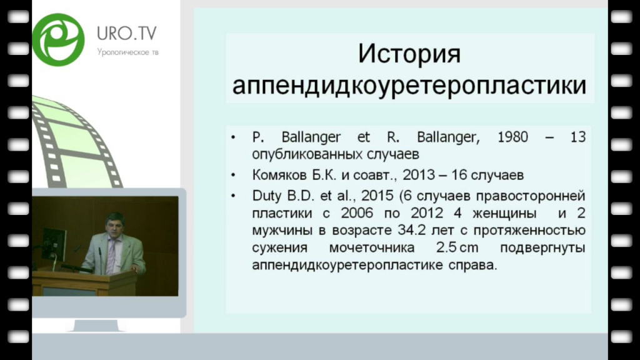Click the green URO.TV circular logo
coord(58,39)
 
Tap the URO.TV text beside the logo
coord(126,34)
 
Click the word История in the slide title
coord(409,54)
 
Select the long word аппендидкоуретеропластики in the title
coord(409,85)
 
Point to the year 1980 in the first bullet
coord(512,137)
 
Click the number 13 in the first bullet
coord(578,137)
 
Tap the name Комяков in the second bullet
coord(279,175)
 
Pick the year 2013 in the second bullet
coord(418,175)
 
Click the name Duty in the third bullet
coord(267,196)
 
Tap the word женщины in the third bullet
coord(504,213)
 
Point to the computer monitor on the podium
coord(54,244)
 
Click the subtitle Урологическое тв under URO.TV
coord(127,52)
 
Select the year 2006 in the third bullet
coord(357,213)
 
